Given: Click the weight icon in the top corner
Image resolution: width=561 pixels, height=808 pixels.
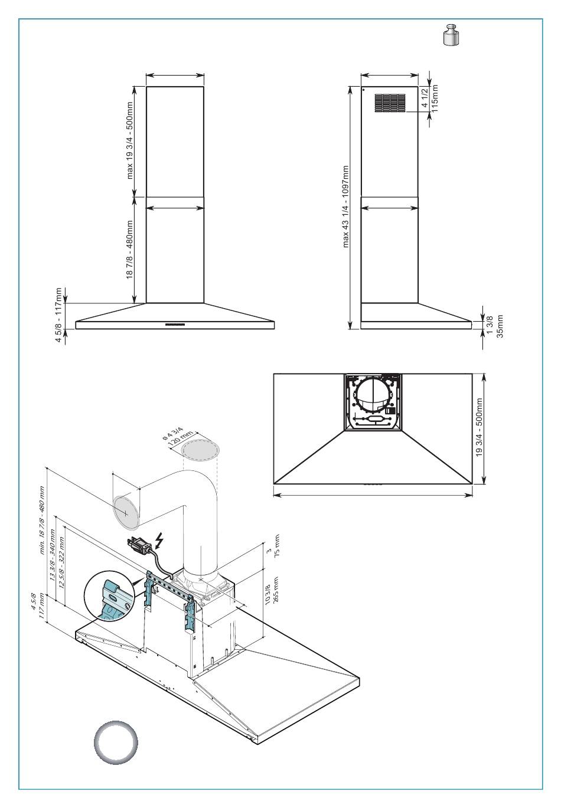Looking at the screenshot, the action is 451,35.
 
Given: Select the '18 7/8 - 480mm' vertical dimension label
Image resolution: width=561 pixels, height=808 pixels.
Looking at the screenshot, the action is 129,250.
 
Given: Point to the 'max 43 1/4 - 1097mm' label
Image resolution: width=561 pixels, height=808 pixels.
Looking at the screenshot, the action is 346,207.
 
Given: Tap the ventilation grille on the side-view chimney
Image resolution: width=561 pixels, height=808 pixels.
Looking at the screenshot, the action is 390,103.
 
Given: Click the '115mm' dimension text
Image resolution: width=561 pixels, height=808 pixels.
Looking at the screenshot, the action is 435,98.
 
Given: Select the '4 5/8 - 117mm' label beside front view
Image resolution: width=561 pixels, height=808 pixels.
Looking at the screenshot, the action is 58,315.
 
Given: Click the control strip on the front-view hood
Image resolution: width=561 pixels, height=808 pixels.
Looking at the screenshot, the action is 175,324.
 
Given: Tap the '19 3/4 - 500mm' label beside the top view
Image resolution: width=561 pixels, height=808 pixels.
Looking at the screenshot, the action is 480,427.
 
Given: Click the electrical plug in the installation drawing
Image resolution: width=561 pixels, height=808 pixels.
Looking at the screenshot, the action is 139,546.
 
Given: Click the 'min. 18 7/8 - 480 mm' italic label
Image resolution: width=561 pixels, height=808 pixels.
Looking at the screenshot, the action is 42,519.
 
